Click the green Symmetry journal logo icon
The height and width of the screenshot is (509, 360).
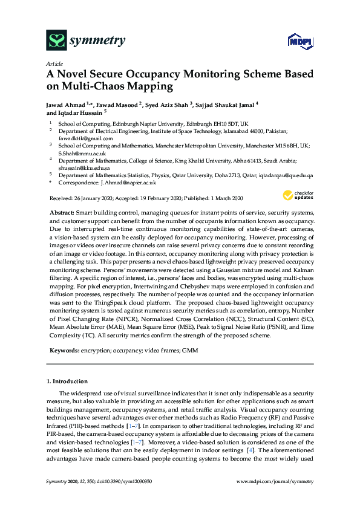(x=56, y=41)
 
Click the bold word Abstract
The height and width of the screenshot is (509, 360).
(x=61, y=214)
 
